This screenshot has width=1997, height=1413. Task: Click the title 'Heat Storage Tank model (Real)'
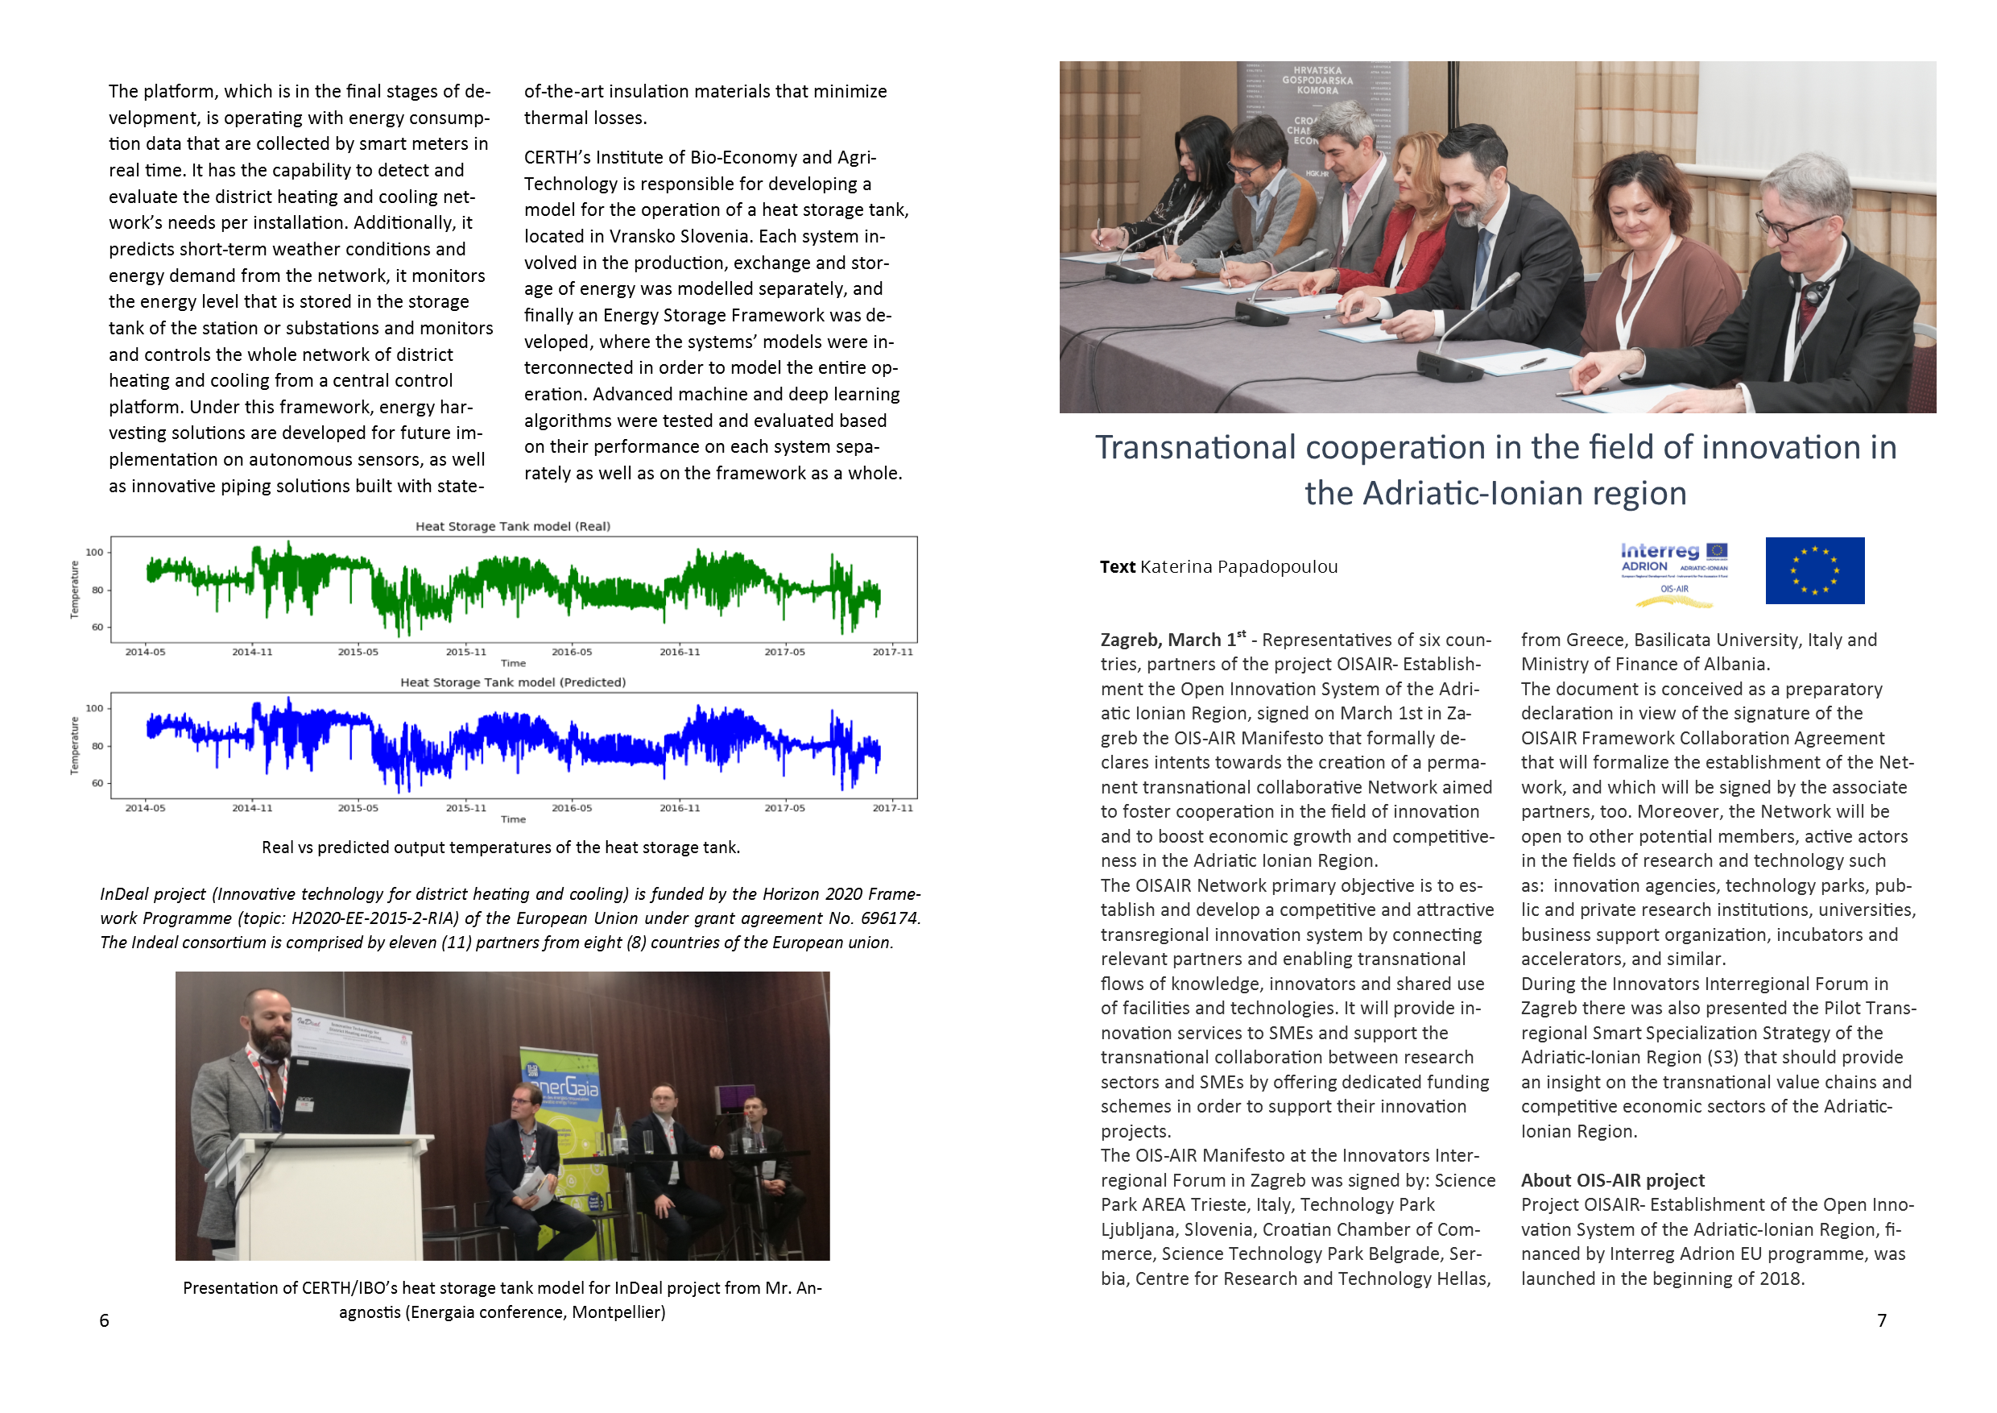click(x=512, y=526)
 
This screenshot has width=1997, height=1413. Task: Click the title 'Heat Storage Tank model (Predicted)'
click(x=512, y=682)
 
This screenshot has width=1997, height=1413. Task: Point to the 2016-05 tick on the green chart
click(x=572, y=652)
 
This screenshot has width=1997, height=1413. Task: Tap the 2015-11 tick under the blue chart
click(x=466, y=808)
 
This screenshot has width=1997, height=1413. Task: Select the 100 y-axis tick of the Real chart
click(x=94, y=553)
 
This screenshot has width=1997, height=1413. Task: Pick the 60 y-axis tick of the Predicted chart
click(x=97, y=783)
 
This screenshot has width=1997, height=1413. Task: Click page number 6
click(x=105, y=1321)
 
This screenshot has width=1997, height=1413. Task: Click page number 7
click(x=1881, y=1321)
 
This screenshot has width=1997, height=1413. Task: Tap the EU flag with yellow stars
click(x=1814, y=571)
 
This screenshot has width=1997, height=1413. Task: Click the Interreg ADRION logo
click(x=1673, y=570)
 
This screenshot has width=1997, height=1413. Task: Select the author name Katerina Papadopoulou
click(x=1238, y=567)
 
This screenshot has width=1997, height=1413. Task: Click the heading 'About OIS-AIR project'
click(x=1613, y=1181)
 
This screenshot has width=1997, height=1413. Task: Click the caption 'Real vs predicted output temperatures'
click(x=501, y=847)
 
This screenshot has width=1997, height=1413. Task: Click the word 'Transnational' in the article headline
click(x=1195, y=448)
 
